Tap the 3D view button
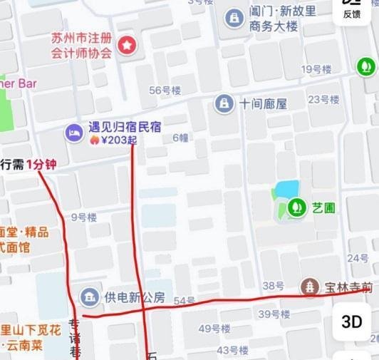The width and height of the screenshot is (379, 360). (x=352, y=322)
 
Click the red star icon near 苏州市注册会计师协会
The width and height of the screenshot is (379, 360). (x=127, y=46)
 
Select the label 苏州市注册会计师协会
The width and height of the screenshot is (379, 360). (x=82, y=45)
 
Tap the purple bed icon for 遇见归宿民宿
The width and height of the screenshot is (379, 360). (x=73, y=131)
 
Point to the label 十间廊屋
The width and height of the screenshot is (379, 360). (x=263, y=103)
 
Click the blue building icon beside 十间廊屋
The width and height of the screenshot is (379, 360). (x=224, y=103)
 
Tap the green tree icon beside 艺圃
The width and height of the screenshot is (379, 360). (x=296, y=207)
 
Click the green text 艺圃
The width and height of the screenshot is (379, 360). (x=323, y=207)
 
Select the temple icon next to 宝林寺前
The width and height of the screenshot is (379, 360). (x=310, y=287)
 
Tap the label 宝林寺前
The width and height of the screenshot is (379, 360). (x=348, y=287)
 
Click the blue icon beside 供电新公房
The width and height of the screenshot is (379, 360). (x=90, y=297)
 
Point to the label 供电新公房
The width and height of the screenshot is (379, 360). (x=135, y=297)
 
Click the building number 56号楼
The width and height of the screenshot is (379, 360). (x=165, y=90)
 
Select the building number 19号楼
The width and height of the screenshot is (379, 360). (x=317, y=69)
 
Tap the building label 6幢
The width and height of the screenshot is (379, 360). (x=180, y=138)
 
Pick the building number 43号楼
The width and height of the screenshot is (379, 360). (x=232, y=350)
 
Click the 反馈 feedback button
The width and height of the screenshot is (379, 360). (x=352, y=10)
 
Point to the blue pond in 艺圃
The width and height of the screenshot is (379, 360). (x=286, y=190)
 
